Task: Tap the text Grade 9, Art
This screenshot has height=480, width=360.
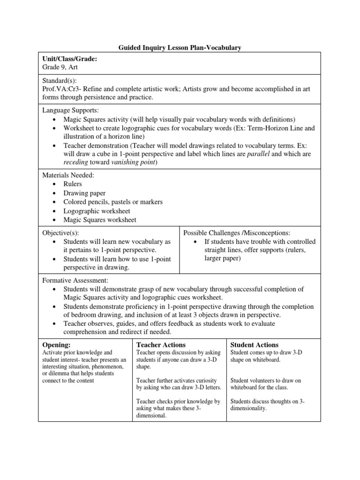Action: pyautogui.click(x=60, y=67)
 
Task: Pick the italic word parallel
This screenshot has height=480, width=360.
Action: pyautogui.click(x=261, y=154)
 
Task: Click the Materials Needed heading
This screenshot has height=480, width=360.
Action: pyautogui.click(x=68, y=175)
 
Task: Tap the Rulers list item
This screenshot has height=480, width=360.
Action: pyautogui.click(x=73, y=184)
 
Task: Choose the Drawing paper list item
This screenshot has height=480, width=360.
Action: pyautogui.click(x=84, y=193)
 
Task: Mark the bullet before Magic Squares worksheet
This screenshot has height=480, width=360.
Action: pyautogui.click(x=54, y=220)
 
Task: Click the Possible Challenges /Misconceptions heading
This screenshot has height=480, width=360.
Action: pyautogui.click(x=237, y=233)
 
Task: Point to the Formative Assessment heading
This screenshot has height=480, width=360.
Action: pyautogui.click(x=75, y=280)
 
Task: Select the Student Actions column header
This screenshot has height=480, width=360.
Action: pyautogui.click(x=255, y=345)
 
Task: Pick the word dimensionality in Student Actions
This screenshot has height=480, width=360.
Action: pyautogui.click(x=248, y=409)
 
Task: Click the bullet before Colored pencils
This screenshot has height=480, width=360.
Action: pyautogui.click(x=54, y=202)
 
